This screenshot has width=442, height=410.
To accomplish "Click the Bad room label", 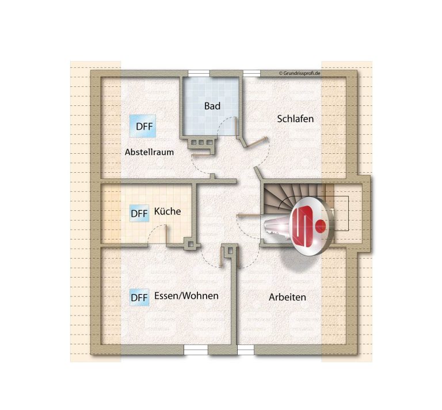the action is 212,106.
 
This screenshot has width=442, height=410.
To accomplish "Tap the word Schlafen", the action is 295,119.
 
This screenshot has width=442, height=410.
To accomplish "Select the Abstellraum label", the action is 149,152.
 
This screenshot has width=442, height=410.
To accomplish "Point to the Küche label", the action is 167,211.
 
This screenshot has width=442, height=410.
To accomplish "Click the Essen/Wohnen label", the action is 186,296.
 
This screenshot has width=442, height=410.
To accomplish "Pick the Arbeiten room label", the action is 287,297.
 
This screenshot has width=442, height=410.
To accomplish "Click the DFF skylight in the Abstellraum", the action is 143,126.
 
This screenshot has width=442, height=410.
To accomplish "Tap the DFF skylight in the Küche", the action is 139,214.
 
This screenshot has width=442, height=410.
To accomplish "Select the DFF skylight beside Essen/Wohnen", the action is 139,298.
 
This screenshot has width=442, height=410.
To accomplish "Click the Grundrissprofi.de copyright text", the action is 299,73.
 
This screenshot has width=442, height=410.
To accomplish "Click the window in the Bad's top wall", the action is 199,73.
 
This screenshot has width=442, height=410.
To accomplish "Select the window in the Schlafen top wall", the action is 252,73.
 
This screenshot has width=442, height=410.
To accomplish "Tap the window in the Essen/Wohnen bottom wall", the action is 196,350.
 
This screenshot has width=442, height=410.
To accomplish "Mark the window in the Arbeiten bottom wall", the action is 246,350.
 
